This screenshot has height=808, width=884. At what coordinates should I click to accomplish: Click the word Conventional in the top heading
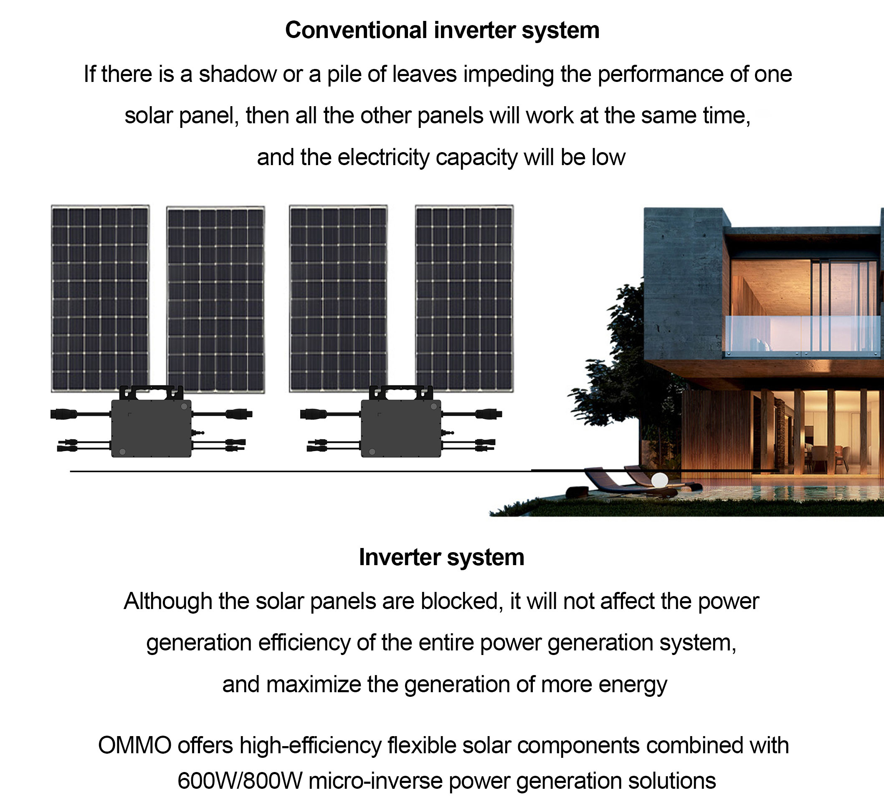click(356, 30)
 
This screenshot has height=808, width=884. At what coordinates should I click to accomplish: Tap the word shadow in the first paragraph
click(238, 74)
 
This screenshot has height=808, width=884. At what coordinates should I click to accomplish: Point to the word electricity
click(384, 158)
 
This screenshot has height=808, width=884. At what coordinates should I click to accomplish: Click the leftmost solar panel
click(100, 298)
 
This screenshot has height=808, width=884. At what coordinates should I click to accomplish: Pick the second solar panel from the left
click(215, 299)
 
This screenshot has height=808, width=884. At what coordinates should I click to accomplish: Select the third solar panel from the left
click(338, 298)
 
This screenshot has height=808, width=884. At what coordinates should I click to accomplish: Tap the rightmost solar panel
click(464, 298)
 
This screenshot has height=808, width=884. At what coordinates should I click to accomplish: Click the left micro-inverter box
click(151, 428)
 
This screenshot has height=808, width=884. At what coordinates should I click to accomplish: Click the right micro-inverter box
click(401, 428)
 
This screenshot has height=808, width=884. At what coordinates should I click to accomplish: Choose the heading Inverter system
click(441, 557)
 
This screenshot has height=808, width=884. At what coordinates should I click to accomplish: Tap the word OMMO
click(134, 745)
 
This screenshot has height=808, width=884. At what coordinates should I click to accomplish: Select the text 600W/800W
click(240, 781)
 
